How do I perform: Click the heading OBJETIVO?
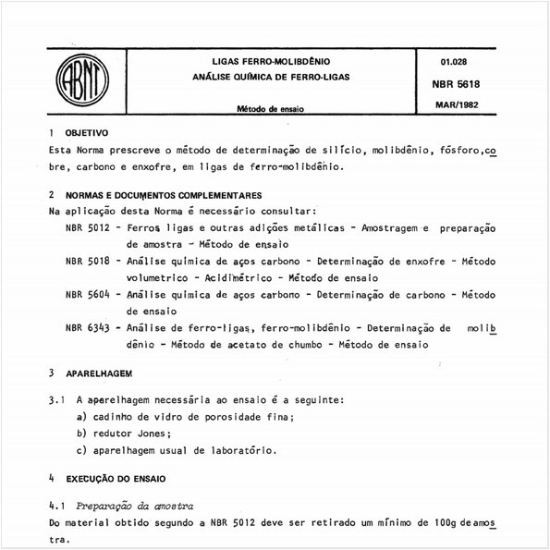coord(86,133)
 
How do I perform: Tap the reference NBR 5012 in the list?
coord(89,227)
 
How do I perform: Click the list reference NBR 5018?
coord(89,261)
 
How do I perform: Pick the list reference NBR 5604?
coord(89,294)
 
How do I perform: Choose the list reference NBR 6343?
coord(89,327)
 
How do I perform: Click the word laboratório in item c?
coord(241,450)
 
